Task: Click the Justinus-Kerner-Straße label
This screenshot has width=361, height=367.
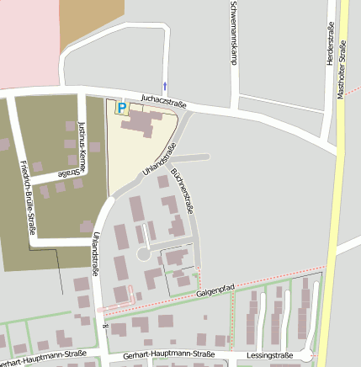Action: pos(82,146)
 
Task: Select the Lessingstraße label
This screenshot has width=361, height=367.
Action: pos(270,356)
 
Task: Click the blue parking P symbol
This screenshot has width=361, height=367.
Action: pos(121,108)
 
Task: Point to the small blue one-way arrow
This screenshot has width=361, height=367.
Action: pos(165,86)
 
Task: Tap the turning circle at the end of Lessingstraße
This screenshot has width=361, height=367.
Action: pos(313,356)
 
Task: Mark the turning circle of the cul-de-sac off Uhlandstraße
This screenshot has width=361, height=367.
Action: pos(144,253)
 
